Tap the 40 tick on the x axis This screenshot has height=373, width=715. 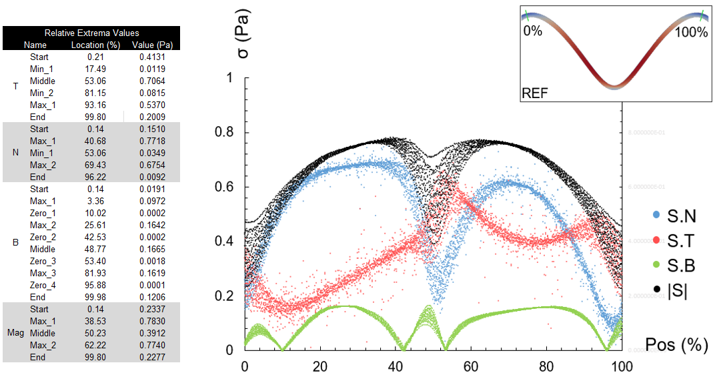(x=396, y=366)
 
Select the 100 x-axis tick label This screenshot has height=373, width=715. (x=622, y=366)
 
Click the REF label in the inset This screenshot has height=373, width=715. (x=535, y=93)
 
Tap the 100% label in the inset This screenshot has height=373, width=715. (x=691, y=32)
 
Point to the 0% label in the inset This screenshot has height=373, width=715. (x=533, y=32)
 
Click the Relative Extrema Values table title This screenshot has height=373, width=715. (x=91, y=33)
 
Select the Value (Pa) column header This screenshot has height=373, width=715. (x=152, y=45)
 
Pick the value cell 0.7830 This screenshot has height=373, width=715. (x=152, y=321)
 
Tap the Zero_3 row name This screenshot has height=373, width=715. (x=42, y=261)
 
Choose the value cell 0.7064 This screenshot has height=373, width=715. (x=152, y=81)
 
